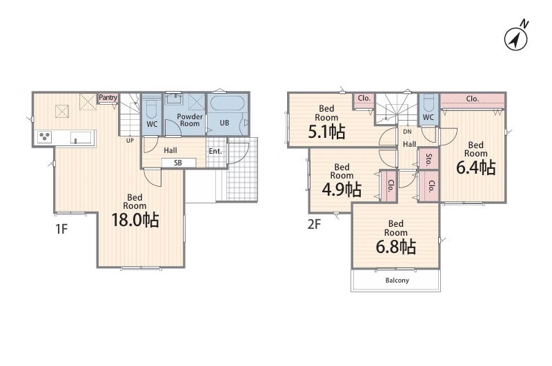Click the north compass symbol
pyautogui.click(x=516, y=38)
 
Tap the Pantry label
pyautogui.click(x=108, y=97)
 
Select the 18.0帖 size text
pyautogui.click(x=135, y=220)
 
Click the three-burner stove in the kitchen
pyautogui.click(x=45, y=136)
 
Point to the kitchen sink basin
pyautogui.click(x=82, y=136)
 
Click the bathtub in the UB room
pyautogui.click(x=228, y=104)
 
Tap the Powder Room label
pyautogui.click(x=190, y=120)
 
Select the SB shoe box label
pyautogui.click(x=178, y=163)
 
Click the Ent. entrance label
pyautogui.click(x=215, y=151)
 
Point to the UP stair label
pyautogui.click(x=130, y=141)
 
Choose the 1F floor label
pyautogui.click(x=61, y=230)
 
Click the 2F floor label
pyautogui.click(x=315, y=224)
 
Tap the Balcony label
pyautogui.click(x=397, y=281)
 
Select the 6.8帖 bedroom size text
pyautogui.click(x=396, y=247)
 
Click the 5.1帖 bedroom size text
pyautogui.click(x=326, y=132)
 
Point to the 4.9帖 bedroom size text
pyautogui.click(x=342, y=189)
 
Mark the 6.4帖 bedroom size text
pyautogui.click(x=476, y=167)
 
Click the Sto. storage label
pyautogui.click(x=428, y=160)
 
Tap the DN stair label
pyautogui.click(x=407, y=132)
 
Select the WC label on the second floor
pyautogui.click(x=428, y=117)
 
